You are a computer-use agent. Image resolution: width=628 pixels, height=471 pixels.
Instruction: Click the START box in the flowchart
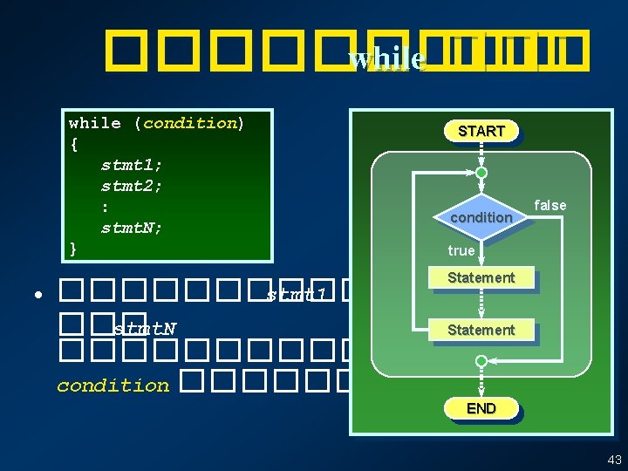481,131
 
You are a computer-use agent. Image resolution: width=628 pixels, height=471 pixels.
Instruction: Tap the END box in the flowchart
481,408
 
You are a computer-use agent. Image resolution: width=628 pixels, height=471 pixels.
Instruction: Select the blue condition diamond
481,216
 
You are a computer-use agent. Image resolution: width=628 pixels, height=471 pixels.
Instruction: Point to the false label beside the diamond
549,205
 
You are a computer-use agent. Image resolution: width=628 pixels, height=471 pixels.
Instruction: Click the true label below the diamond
461,250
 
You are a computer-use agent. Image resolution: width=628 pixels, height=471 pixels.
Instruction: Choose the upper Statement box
481,277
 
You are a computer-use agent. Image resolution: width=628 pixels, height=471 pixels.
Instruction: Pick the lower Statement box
481,330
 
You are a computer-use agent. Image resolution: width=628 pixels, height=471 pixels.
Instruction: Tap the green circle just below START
481,172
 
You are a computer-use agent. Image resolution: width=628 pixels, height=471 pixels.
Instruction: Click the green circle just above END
481,360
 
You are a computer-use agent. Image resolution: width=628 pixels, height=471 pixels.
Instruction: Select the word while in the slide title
386,58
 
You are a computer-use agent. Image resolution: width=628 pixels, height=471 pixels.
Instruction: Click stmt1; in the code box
132,164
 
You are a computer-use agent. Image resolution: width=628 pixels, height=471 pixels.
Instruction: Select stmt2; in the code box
132,186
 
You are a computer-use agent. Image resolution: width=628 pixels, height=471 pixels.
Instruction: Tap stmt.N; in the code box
132,229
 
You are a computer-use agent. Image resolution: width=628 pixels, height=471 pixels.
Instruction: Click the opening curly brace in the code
73,143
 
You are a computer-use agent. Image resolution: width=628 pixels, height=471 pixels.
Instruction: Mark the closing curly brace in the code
73,249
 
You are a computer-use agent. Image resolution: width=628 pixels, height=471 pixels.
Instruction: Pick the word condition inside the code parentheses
190,122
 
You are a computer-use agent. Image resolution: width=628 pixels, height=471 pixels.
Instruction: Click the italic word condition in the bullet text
113,386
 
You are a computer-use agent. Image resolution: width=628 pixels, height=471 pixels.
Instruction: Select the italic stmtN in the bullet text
145,328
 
